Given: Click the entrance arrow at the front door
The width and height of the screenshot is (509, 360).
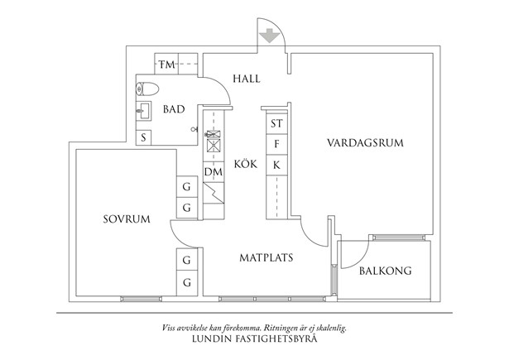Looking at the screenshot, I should (x=267, y=37).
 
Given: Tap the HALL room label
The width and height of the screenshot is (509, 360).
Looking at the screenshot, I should (x=247, y=79).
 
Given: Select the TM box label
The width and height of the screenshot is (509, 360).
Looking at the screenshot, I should (x=166, y=64).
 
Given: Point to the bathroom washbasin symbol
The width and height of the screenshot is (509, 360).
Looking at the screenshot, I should (x=143, y=110).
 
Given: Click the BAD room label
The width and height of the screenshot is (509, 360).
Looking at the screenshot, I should (x=174, y=109).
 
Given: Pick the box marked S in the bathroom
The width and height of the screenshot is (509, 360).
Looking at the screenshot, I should (x=144, y=137).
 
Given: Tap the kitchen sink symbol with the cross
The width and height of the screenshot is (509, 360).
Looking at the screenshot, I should (x=213, y=141).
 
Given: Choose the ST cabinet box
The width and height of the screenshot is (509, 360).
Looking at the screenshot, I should (x=276, y=124).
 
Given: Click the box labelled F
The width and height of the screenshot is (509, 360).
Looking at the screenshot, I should (x=276, y=145).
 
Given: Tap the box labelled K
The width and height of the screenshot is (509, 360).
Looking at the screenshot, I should (x=276, y=166).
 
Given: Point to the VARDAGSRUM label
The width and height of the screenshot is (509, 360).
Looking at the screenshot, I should (x=364, y=142).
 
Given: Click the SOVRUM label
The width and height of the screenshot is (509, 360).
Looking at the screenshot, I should (x=126, y=219).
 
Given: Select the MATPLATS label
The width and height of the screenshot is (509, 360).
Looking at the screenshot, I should (x=267, y=257).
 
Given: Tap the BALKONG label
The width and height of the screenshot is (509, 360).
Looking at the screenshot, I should (x=386, y=271).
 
